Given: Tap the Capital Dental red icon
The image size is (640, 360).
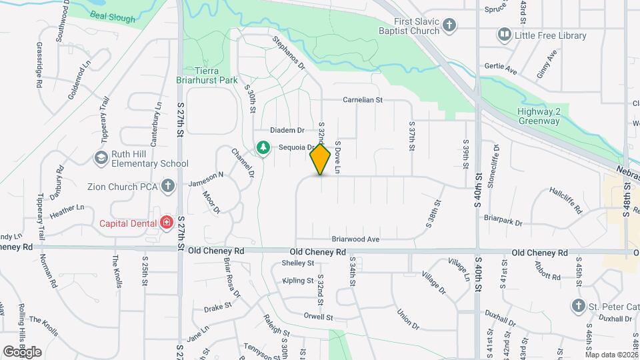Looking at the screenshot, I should coord(166,222).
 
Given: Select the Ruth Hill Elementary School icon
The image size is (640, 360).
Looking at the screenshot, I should coord(101,158).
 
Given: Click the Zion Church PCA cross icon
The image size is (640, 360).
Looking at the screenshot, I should coord(168,185).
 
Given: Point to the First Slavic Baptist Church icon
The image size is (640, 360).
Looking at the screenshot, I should coord(450,25).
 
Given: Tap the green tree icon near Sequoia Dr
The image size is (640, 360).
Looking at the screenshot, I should coord(264,147).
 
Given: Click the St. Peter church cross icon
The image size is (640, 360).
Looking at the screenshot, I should coord(579,305).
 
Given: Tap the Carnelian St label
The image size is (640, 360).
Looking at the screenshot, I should coord(363,100).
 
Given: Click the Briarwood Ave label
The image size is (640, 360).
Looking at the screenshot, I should coord(355,239).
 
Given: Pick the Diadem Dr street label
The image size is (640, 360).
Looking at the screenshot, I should coord(287,130).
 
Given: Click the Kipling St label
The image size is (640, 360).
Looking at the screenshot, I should coord(297,281).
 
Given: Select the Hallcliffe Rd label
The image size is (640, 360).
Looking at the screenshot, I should coord(566,201).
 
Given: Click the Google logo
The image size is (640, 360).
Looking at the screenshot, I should coord(22,351).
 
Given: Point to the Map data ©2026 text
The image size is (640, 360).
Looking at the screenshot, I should coord(611,355).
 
